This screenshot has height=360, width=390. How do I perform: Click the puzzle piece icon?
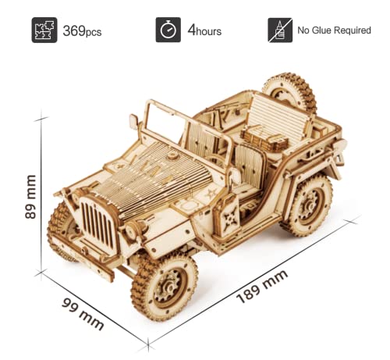tap(44, 30)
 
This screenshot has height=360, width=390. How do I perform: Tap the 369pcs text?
tap(83, 32)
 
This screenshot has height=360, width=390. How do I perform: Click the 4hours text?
tap(204, 32)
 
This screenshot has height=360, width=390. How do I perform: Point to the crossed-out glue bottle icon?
tap(278, 30)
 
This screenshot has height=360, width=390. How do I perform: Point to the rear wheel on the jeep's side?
tap(306, 205)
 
